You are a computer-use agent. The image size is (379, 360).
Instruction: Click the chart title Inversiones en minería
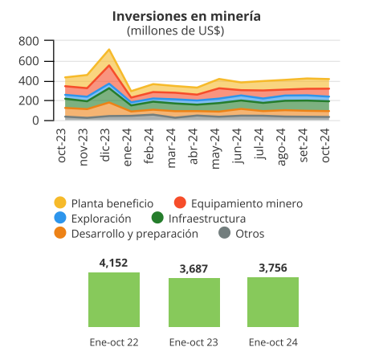click(x=186, y=16)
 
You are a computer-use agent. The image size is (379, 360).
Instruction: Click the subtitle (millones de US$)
click(x=175, y=31)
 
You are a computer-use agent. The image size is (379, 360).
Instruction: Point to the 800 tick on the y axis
click(x=29, y=41)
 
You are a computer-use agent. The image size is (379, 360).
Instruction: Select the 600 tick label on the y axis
click(x=29, y=61)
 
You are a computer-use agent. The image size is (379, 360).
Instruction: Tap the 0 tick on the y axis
click(x=35, y=121)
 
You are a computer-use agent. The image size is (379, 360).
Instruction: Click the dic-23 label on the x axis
click(x=105, y=145)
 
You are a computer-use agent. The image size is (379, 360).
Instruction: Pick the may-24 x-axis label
click(x=215, y=149)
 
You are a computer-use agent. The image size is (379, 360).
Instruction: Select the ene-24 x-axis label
click(x=128, y=147)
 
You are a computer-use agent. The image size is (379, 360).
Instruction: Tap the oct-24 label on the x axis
click(x=325, y=145)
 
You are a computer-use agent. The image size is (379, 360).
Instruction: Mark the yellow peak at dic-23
click(x=109, y=49)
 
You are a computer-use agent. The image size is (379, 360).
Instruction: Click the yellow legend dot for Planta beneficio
click(x=60, y=202)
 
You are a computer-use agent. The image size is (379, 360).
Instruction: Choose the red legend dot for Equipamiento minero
click(x=180, y=202)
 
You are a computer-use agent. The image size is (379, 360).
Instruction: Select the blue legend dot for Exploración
click(x=60, y=218)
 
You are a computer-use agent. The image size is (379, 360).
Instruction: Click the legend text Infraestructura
click(x=207, y=219)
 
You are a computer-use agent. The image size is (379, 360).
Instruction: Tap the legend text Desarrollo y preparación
click(x=135, y=234)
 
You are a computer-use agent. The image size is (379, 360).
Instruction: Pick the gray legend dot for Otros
click(x=224, y=233)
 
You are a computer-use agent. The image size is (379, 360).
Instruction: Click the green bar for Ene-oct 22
click(x=114, y=300)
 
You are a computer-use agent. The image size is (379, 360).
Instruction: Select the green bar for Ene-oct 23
click(x=194, y=302)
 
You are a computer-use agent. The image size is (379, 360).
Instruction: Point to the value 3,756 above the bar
click(x=273, y=268)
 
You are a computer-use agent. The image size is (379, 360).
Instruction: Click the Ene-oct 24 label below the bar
click(x=273, y=342)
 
